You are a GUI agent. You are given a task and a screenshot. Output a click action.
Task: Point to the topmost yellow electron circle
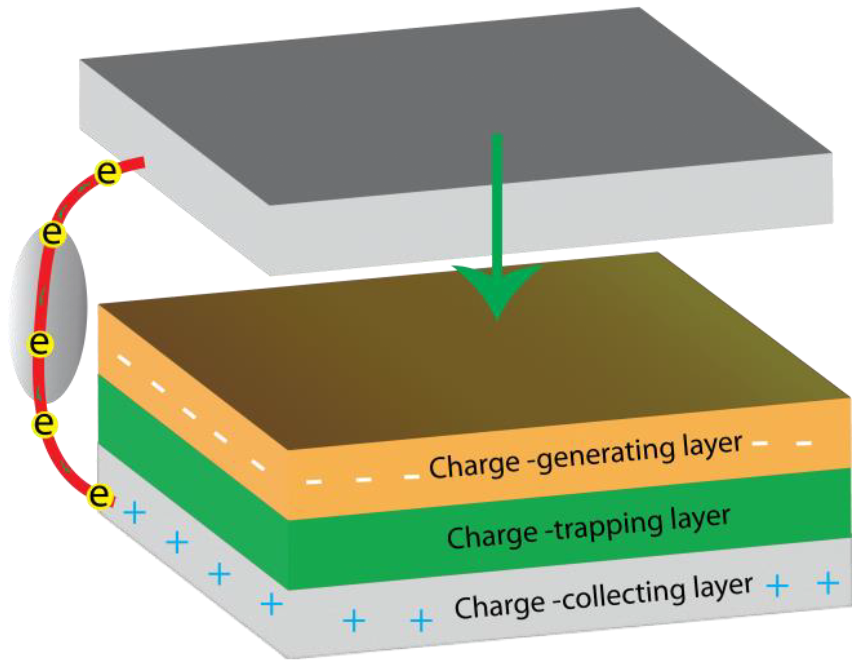pyautogui.click(x=107, y=173)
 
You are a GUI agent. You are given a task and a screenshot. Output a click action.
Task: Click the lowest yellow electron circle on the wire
pyautogui.click(x=100, y=496)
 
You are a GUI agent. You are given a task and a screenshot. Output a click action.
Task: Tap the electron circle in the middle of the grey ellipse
pyautogui.click(x=40, y=343)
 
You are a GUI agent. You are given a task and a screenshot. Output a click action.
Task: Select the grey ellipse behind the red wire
pyautogui.click(x=64, y=314)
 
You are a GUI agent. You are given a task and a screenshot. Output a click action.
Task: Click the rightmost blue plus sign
pyautogui.click(x=828, y=584)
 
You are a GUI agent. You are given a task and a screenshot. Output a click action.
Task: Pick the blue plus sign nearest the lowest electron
pyautogui.click(x=135, y=513)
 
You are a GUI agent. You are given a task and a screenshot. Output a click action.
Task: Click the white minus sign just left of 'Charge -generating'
pyautogui.click(x=412, y=476)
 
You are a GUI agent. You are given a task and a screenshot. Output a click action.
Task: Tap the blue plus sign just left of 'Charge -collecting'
pyautogui.click(x=421, y=620)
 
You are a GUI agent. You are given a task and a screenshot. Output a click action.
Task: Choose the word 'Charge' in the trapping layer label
pyautogui.click(x=493, y=536)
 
